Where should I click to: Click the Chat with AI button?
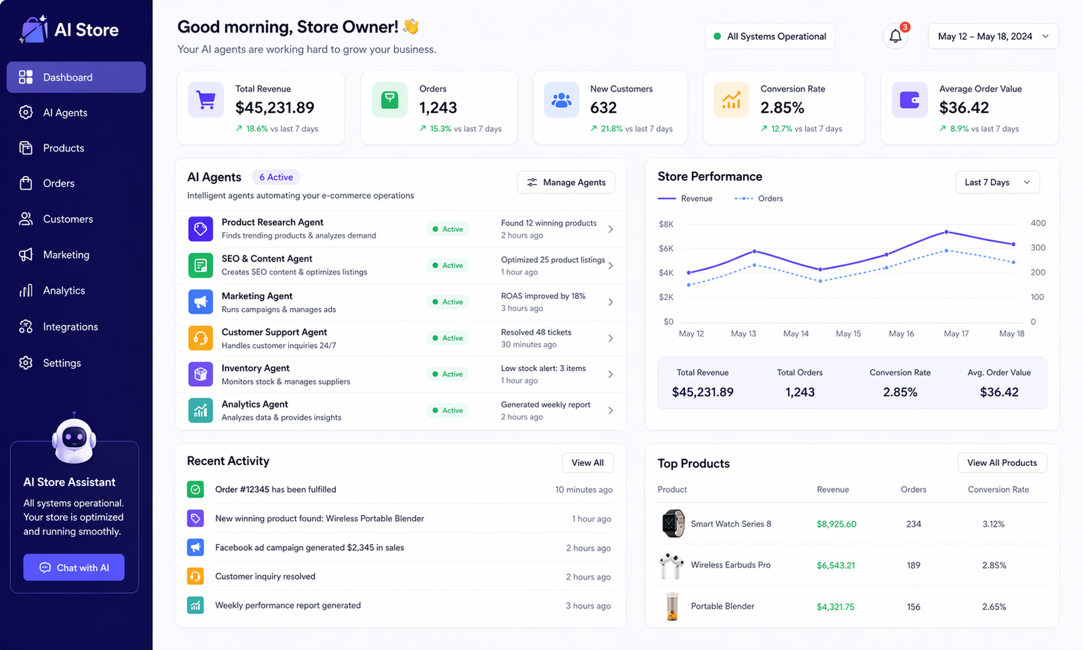click(x=74, y=567)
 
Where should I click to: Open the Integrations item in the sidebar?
click(x=70, y=327)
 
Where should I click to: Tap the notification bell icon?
click(x=896, y=37)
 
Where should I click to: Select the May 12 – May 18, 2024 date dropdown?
click(x=993, y=37)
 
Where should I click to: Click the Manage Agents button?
click(x=566, y=182)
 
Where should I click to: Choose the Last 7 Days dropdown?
click(x=997, y=182)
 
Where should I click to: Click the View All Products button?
click(x=1002, y=463)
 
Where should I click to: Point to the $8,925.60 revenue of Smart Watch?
click(x=837, y=524)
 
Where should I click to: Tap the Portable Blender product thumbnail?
click(x=672, y=606)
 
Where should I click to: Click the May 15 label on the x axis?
click(x=848, y=334)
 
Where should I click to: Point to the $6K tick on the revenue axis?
click(x=666, y=248)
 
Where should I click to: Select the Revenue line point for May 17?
click(x=946, y=232)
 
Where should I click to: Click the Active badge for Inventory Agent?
click(x=448, y=374)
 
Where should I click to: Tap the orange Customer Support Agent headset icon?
click(x=200, y=338)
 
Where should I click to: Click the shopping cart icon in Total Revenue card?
click(x=206, y=100)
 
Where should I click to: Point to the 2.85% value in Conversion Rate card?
click(x=782, y=108)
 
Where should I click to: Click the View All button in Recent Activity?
click(x=588, y=463)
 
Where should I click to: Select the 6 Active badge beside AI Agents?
click(x=275, y=177)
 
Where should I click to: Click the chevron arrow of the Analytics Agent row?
click(x=611, y=410)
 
